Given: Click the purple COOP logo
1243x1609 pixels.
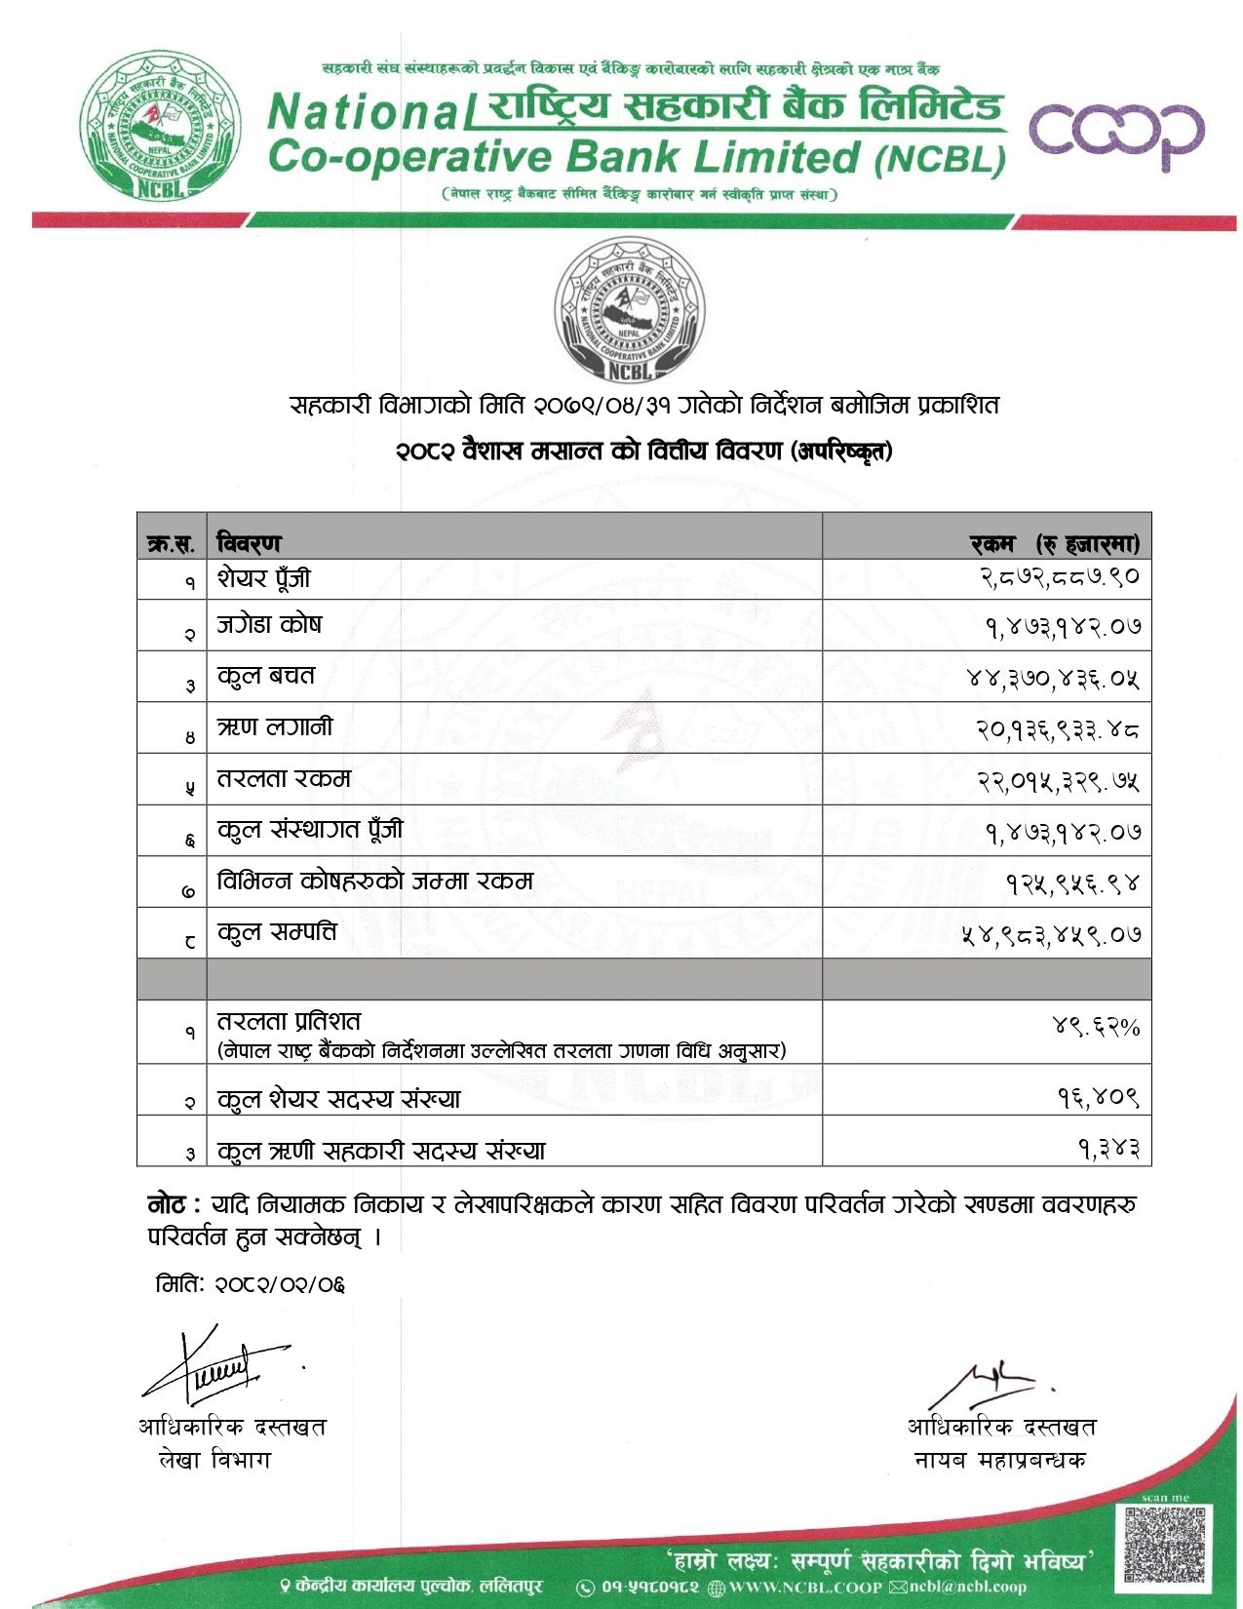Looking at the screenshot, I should pyautogui.click(x=1115, y=135).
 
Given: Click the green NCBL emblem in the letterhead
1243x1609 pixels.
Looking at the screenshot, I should pyautogui.click(x=160, y=125).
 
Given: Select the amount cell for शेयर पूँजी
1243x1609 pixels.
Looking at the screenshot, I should pyautogui.click(x=1059, y=577).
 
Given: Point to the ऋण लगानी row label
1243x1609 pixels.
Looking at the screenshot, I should pyautogui.click(x=275, y=727).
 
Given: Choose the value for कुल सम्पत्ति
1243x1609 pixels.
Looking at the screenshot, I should pyautogui.click(x=1051, y=934).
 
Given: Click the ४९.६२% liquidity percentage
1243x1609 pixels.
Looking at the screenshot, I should pyautogui.click(x=1096, y=1026).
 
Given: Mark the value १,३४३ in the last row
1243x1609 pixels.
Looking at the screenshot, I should pyautogui.click(x=1108, y=1149).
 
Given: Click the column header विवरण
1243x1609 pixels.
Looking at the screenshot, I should pyautogui.click(x=249, y=542).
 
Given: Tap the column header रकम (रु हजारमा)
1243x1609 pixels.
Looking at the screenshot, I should pyautogui.click(x=1054, y=543).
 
